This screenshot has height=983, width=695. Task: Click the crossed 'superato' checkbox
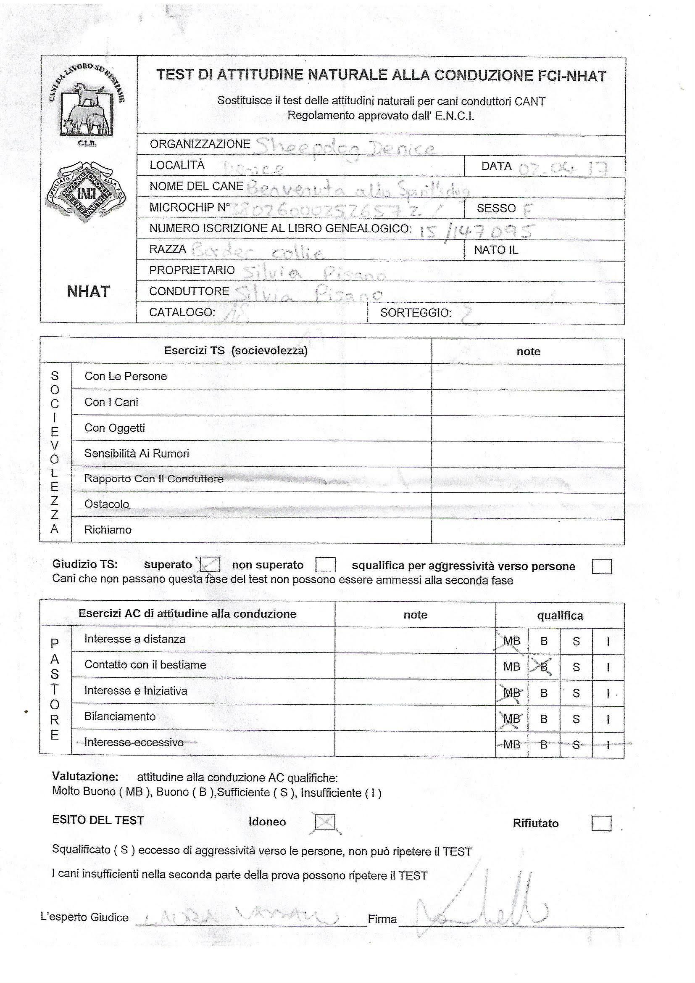210,564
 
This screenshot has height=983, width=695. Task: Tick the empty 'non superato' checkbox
325,565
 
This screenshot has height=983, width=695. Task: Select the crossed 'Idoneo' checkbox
325,822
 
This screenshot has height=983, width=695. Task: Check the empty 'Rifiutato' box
601,823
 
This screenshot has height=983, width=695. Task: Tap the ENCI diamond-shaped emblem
86,191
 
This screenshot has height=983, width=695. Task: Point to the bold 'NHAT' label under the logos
88,291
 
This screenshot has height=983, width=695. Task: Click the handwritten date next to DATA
563,169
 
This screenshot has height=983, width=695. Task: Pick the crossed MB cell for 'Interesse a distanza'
511,641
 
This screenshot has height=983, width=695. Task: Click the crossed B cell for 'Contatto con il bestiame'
544,666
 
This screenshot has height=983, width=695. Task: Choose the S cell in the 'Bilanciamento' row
576,719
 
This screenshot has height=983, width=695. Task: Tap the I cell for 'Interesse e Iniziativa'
608,693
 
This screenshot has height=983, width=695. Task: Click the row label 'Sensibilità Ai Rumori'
137,453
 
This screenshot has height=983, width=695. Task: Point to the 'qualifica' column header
560,616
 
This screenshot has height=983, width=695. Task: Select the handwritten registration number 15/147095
475,231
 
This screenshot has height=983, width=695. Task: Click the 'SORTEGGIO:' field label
416,313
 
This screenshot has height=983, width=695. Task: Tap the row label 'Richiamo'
108,530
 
